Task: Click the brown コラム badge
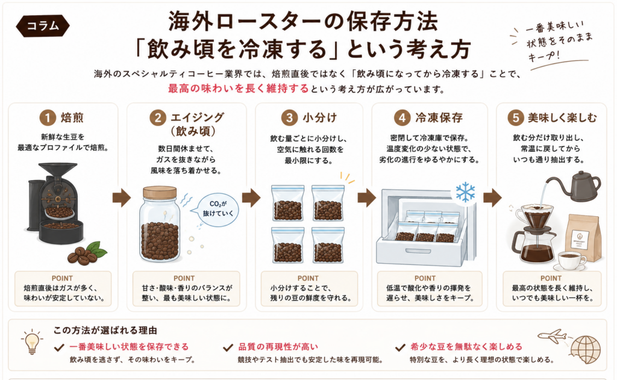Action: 43,26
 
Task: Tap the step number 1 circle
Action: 48,117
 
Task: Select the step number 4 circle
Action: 402,117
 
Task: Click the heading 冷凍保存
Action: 439,117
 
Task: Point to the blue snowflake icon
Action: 466,192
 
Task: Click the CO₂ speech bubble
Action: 218,209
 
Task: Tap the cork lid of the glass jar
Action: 160,192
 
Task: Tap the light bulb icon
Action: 32,342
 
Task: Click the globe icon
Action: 586,350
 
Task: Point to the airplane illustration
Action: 553,335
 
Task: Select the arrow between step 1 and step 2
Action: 121,198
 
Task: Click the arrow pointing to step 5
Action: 492,198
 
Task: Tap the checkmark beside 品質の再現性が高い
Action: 228,347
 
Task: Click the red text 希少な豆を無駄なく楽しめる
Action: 466,346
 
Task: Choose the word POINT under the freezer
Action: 425,278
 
